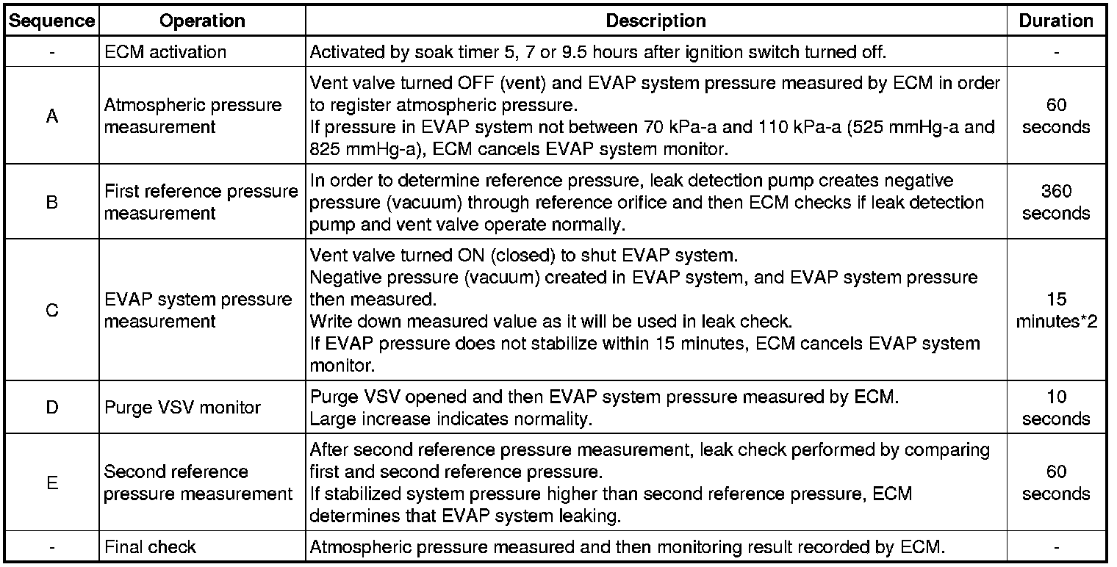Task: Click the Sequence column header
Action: click(x=51, y=21)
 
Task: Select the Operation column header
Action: click(x=201, y=21)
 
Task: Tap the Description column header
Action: click(x=656, y=21)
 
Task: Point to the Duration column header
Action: click(x=1056, y=21)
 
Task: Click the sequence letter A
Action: click(x=51, y=116)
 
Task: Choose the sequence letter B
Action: click(x=51, y=203)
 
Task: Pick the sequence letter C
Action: click(x=51, y=311)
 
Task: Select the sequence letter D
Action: click(x=51, y=407)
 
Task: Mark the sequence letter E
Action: click(x=51, y=483)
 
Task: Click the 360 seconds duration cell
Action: click(x=1056, y=203)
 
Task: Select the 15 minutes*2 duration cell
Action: click(x=1056, y=311)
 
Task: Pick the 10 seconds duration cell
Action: click(x=1056, y=407)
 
